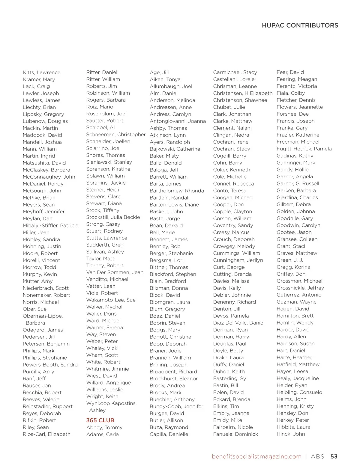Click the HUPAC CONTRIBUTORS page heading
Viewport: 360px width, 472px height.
[x=300, y=25]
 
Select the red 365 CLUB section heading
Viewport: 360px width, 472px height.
[x=100, y=420]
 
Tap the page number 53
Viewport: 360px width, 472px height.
[x=334, y=456]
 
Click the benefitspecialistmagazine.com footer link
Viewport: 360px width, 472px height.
[x=256, y=456]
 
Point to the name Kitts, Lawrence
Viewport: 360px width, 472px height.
[x=41, y=73]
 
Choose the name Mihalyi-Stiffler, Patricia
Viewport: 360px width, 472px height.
[x=50, y=226]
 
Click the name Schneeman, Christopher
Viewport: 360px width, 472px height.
[x=116, y=135]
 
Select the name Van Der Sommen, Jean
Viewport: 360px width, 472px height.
[x=115, y=272]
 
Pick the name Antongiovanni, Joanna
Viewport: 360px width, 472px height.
[x=178, y=121]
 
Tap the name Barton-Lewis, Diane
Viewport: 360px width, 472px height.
[x=174, y=205]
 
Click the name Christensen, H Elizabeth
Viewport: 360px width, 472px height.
[x=243, y=93]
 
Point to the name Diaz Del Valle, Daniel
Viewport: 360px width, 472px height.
[x=239, y=323]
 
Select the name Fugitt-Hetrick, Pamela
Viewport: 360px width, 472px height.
[x=304, y=149]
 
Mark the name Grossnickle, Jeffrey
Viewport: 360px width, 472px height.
[x=300, y=288]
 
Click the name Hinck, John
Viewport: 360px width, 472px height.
[x=290, y=434]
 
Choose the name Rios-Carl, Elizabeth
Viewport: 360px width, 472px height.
[x=46, y=434]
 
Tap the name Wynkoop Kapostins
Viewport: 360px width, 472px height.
[x=111, y=403]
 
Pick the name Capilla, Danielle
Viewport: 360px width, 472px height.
[x=169, y=434]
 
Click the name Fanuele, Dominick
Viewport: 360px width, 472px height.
[x=235, y=434]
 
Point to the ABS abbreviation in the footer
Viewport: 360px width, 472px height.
[x=317, y=456]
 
